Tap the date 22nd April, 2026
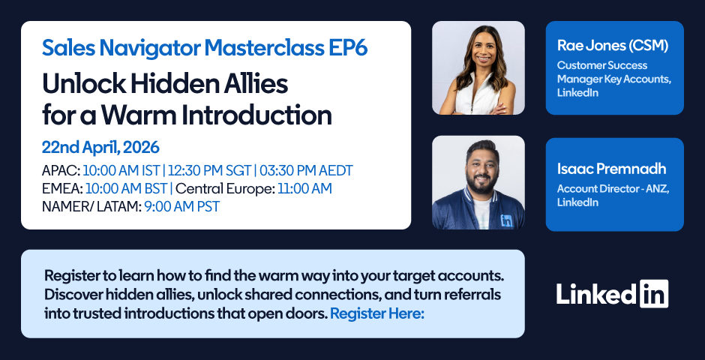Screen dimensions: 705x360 [100, 148]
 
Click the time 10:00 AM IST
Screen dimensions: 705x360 [121, 171]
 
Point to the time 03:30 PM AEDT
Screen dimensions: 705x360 [306, 171]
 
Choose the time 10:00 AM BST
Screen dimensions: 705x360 [126, 189]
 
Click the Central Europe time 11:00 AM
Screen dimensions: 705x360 [304, 189]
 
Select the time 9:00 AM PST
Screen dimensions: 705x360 [182, 207]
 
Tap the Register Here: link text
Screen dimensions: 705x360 [377, 313]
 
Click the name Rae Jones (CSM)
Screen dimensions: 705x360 [613, 46]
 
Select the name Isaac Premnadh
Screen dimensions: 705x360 [612, 169]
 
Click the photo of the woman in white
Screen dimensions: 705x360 [478, 67]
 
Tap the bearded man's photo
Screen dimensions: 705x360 [478, 182]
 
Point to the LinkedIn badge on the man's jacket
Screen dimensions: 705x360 [507, 220]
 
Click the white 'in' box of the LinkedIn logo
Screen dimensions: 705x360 [654, 293]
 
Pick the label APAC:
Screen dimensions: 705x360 [61, 171]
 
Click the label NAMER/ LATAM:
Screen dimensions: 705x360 [91, 207]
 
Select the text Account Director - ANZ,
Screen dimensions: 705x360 [613, 189]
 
